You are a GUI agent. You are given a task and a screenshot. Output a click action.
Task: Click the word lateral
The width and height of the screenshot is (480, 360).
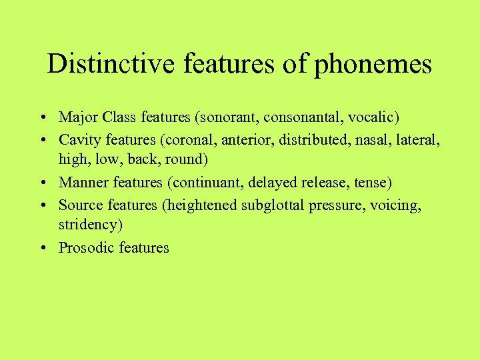419,139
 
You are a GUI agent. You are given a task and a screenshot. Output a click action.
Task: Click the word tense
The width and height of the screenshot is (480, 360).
373,182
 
